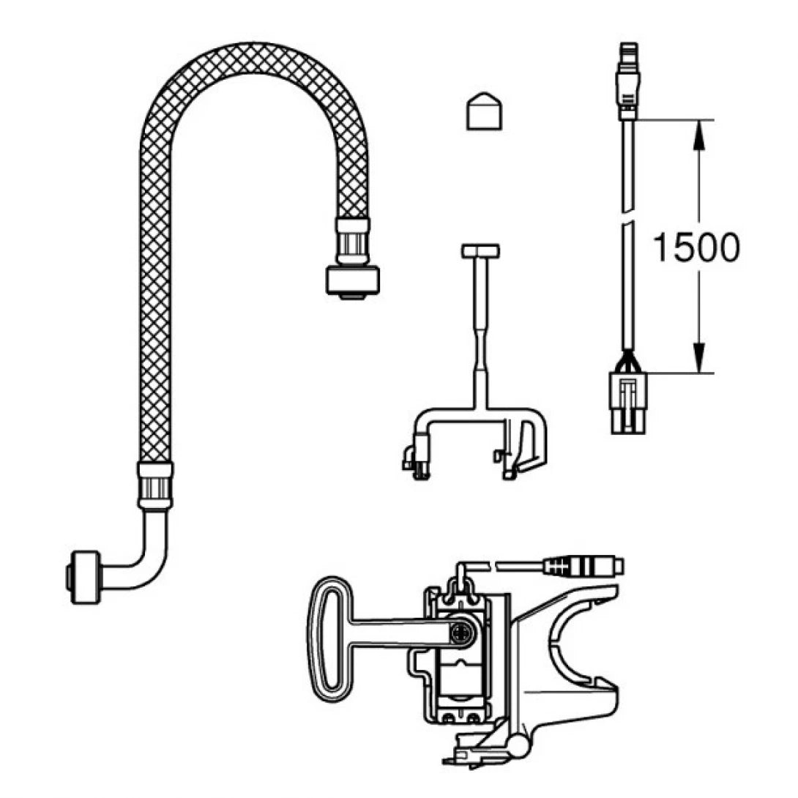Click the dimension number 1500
[x=695, y=249]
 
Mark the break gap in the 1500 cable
[x=628, y=219]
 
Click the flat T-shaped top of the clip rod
[x=480, y=251]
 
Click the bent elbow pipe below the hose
[x=146, y=556]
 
